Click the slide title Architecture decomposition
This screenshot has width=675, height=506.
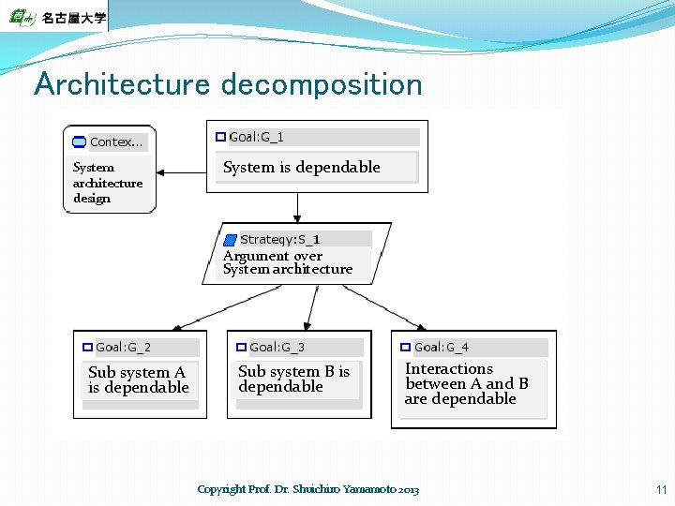click(x=228, y=84)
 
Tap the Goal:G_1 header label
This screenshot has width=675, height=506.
click(x=256, y=137)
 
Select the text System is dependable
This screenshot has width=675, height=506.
click(x=301, y=168)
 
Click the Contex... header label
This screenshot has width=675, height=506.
click(x=116, y=142)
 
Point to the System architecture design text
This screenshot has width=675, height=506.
click(x=107, y=183)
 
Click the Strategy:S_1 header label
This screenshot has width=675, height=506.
click(x=279, y=239)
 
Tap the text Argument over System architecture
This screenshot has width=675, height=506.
click(x=287, y=262)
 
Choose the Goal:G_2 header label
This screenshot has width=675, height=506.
click(x=123, y=348)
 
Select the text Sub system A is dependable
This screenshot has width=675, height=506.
click(x=138, y=379)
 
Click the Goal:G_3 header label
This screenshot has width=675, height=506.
click(x=277, y=348)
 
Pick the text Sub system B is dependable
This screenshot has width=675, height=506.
click(x=292, y=379)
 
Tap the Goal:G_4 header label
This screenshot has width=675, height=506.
click(x=442, y=348)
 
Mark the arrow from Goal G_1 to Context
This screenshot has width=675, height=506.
click(x=180, y=172)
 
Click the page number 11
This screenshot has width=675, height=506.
click(x=660, y=489)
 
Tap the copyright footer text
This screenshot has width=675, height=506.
click(x=308, y=489)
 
